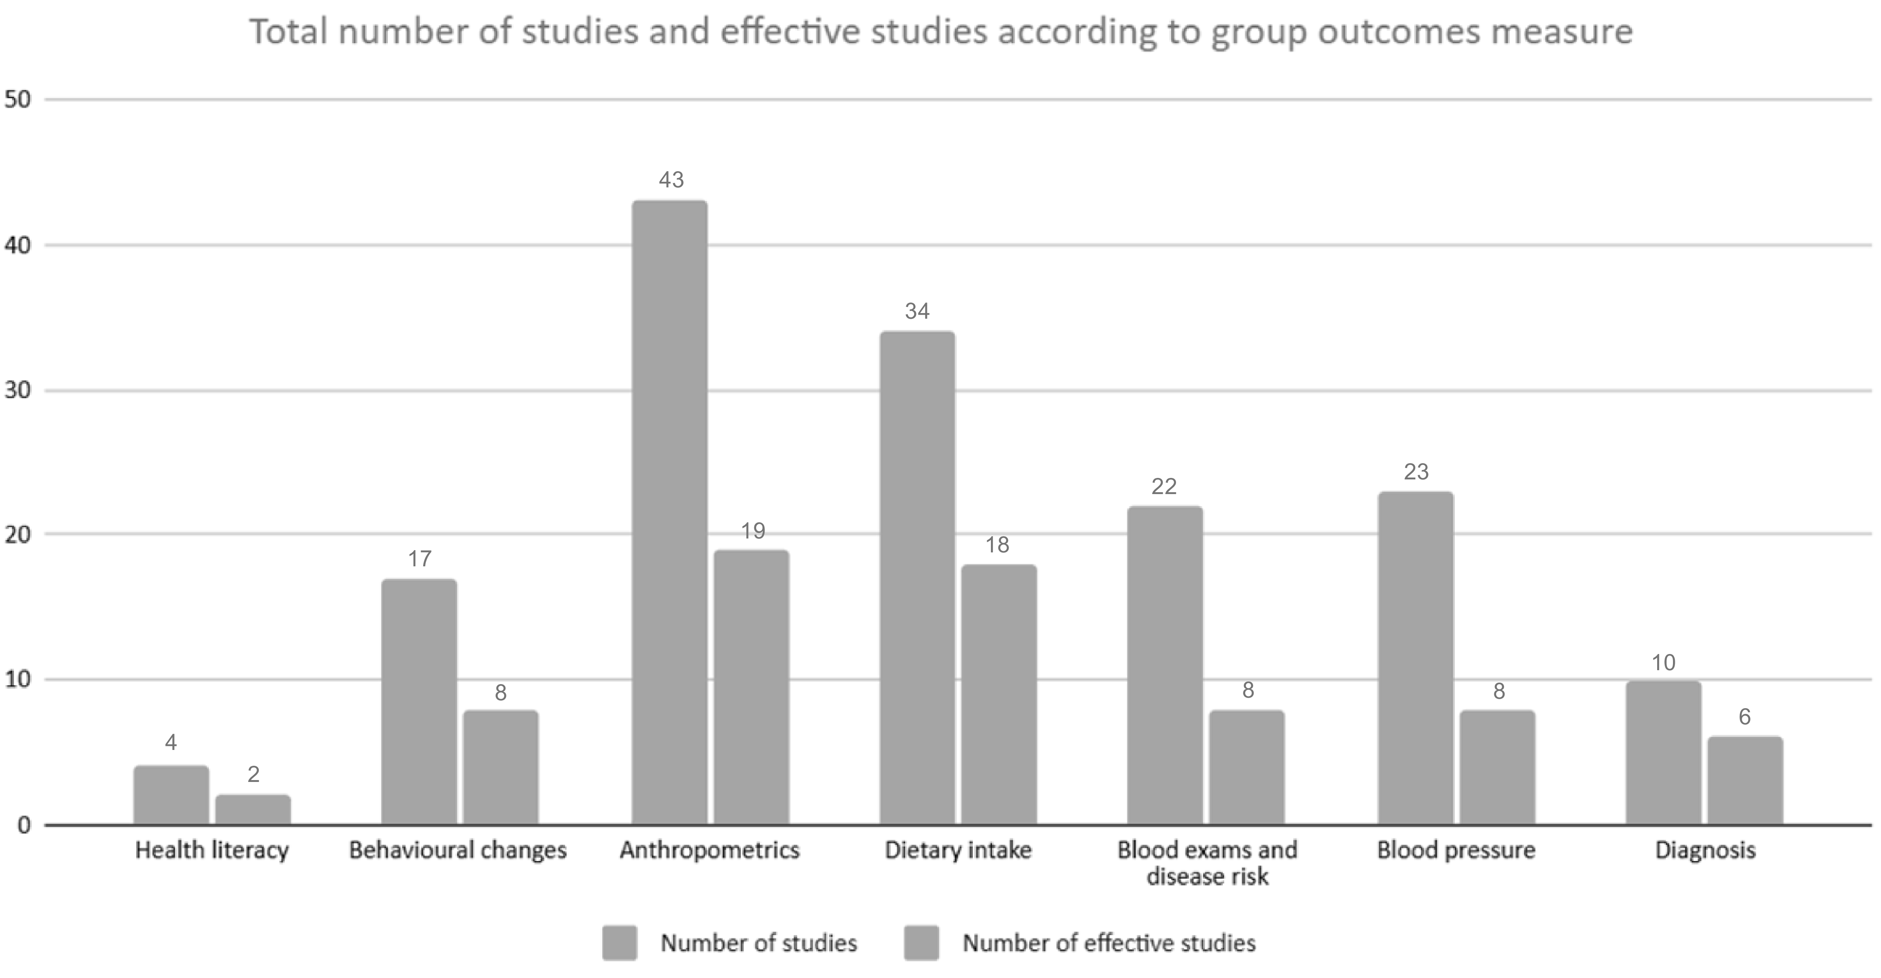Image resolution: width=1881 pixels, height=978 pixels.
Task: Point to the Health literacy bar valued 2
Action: point(253,810)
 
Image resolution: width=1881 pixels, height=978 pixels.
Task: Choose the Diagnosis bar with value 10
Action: point(1664,753)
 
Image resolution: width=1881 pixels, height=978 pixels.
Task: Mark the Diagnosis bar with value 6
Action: point(1745,781)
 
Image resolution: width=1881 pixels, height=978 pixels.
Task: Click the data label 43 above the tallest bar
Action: point(671,179)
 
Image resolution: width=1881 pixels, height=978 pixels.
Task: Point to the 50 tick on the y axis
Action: point(18,99)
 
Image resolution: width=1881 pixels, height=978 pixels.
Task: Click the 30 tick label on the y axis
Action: point(18,390)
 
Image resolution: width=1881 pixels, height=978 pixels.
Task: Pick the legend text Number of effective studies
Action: point(1109,943)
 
